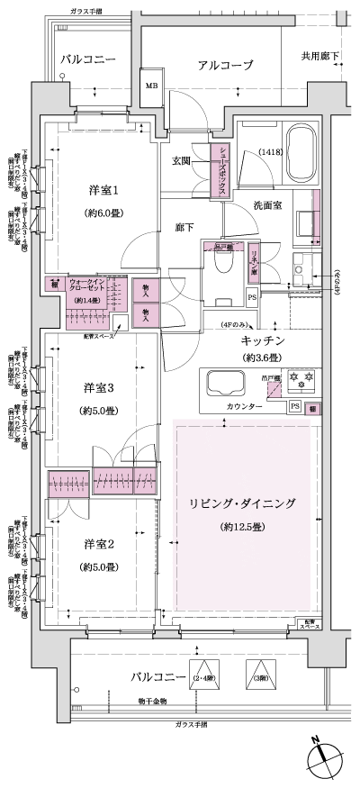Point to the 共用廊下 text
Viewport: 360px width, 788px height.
319,57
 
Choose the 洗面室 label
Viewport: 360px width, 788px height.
267,206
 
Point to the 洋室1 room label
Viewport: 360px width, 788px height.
103,191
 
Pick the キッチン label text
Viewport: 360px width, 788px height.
263,340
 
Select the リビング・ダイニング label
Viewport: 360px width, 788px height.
243,503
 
